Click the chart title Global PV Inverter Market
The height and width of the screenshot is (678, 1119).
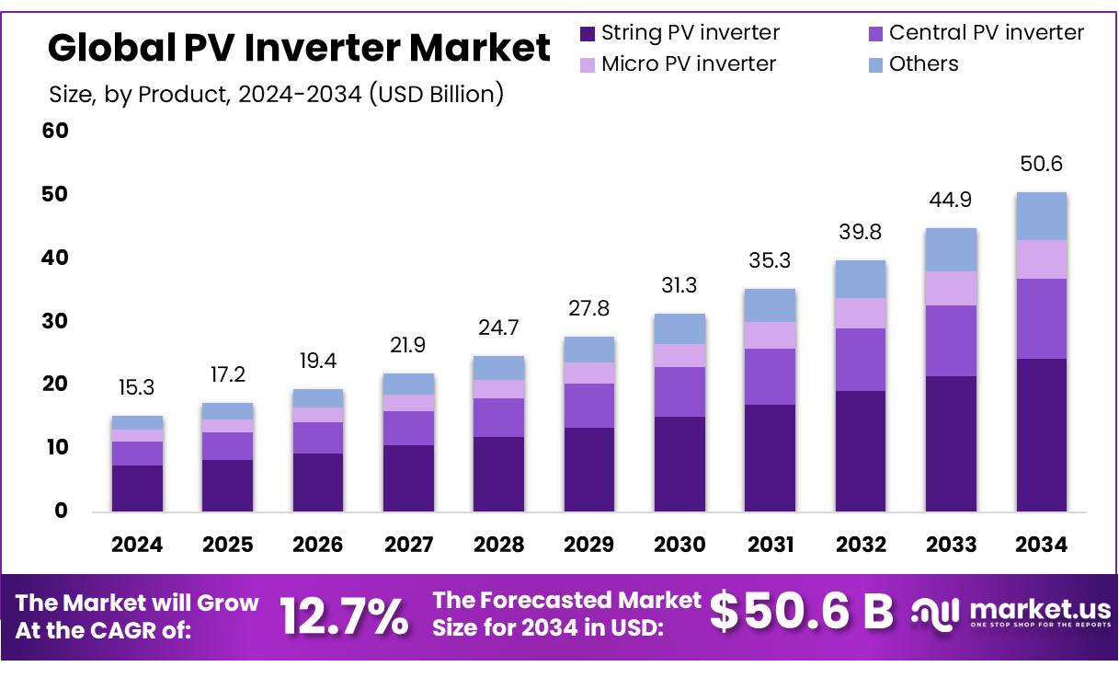(x=299, y=48)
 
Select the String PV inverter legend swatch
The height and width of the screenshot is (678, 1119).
(x=587, y=34)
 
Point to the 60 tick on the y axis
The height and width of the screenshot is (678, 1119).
(x=55, y=132)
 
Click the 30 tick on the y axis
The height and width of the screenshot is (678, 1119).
(x=55, y=322)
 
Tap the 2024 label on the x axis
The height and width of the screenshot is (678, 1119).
(x=137, y=545)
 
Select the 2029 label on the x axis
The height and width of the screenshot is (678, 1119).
(x=589, y=545)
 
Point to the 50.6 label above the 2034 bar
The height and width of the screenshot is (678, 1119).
(x=1041, y=165)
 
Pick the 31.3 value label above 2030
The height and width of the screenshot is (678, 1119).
(x=679, y=286)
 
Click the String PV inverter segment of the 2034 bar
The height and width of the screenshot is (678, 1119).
(x=1041, y=434)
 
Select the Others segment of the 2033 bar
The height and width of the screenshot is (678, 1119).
(x=951, y=249)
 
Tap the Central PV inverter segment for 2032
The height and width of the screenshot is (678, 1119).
(x=861, y=360)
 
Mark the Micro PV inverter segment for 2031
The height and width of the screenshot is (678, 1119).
(x=770, y=335)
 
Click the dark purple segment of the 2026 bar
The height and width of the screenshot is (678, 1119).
(x=318, y=482)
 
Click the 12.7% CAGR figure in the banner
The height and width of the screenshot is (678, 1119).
(x=344, y=615)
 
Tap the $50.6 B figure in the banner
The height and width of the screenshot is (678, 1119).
(x=802, y=614)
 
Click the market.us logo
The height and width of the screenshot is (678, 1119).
(x=1011, y=612)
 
